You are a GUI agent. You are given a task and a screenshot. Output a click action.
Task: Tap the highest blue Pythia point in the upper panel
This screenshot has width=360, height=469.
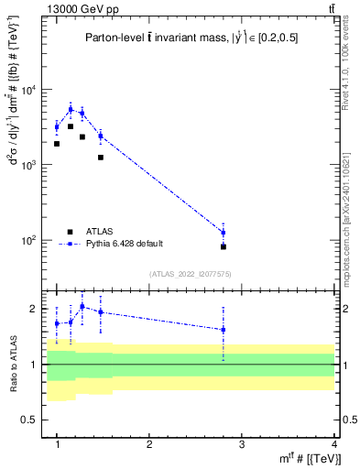71,109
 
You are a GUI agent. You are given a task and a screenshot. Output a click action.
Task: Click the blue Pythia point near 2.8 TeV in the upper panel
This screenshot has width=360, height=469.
223,232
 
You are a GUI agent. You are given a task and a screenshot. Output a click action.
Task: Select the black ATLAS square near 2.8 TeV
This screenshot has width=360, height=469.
223,246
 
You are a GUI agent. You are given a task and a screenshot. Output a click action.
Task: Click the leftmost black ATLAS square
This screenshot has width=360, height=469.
57,144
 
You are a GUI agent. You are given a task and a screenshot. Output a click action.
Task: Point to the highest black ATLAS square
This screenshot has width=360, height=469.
71,126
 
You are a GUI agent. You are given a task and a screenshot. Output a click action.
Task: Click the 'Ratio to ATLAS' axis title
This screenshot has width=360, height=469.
14,364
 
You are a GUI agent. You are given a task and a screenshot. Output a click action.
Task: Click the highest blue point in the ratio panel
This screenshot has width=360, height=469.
82,306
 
